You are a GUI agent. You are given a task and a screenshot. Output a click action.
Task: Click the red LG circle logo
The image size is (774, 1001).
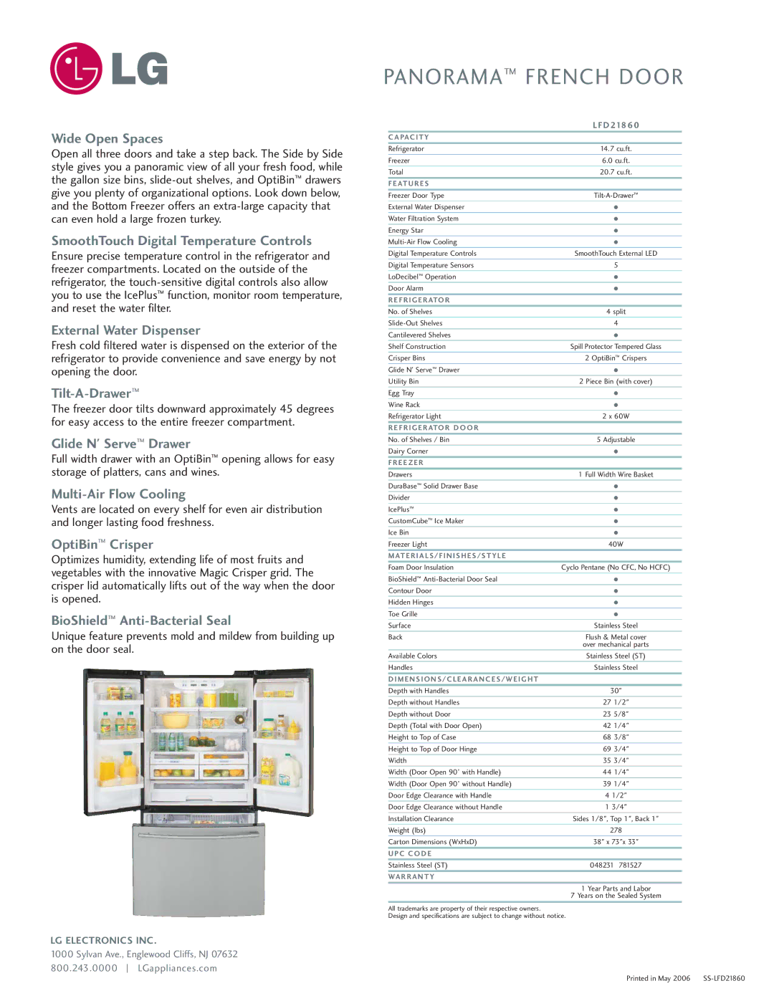pos(75,68)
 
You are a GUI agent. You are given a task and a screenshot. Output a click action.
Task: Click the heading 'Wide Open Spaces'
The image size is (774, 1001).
pos(107,138)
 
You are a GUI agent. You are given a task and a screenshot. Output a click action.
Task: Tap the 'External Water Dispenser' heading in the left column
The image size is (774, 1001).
pos(125,330)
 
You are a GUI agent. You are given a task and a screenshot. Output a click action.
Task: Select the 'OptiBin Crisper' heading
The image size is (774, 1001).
pos(102,545)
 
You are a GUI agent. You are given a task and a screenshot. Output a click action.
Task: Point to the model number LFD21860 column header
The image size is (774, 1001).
pos(616,125)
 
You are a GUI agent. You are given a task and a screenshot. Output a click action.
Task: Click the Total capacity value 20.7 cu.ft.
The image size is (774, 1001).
pos(616,172)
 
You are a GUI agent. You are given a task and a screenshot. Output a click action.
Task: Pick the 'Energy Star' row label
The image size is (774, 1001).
pos(406,231)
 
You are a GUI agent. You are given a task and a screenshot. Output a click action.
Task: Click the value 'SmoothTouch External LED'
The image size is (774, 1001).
pos(616,254)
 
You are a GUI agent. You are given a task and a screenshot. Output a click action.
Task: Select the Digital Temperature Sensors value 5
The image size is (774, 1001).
pos(616,265)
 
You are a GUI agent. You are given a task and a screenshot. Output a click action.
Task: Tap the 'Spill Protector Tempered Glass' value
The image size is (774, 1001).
pos(616,347)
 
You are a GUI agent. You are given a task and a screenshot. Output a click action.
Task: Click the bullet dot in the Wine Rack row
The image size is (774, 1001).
pos(616,405)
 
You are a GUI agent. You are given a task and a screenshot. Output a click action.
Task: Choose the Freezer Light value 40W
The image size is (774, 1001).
pos(616,545)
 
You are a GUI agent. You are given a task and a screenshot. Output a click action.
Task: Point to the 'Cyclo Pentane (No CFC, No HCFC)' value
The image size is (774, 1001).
pos(616,567)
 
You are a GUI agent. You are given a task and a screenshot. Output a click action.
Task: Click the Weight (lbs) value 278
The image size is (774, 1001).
pos(616,830)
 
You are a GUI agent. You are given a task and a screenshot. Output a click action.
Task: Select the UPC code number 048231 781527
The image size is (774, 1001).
pos(616,866)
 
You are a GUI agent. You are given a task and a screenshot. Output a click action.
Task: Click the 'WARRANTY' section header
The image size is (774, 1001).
pos(411,877)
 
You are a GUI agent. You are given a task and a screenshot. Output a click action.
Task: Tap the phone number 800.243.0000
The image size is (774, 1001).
pos(84,968)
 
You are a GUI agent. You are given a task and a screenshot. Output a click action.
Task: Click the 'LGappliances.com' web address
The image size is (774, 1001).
pos(177,968)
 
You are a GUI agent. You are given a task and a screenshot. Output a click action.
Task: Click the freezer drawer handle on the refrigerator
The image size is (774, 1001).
pos(199,835)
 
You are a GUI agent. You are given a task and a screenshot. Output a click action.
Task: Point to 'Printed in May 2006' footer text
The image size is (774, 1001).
pos(658,979)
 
